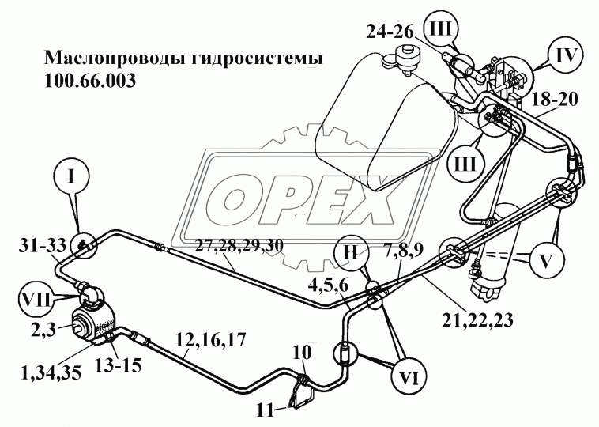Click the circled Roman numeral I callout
point(70,177)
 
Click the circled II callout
point(351,253)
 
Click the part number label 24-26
point(390,32)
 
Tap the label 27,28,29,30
point(239,246)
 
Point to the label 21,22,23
point(478,320)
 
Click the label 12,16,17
point(210,340)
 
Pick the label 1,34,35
point(51,372)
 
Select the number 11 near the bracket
point(266,411)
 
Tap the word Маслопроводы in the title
point(115,59)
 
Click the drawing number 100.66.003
point(90,81)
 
